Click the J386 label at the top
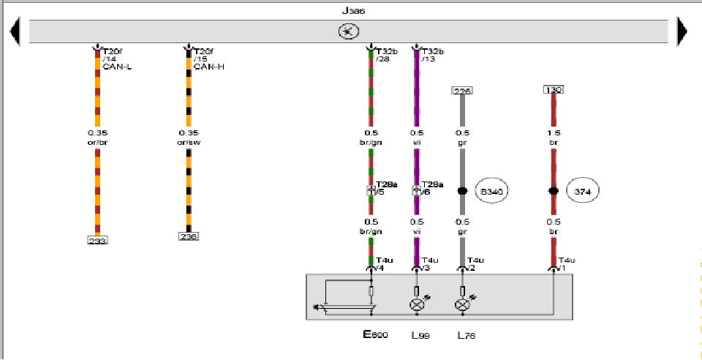(353, 11)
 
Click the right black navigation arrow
(682, 31)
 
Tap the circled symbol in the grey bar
(349, 31)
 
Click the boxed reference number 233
(97, 240)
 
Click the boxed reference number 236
(189, 236)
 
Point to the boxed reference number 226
(462, 91)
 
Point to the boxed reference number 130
(553, 90)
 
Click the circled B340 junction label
(491, 191)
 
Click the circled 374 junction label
(583, 191)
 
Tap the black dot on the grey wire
(462, 191)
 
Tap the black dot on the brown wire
(554, 191)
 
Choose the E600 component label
(375, 335)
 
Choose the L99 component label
(420, 336)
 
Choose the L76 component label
(467, 336)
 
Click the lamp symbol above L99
(417, 305)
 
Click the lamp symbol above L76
(462, 305)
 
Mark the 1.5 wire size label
(554, 133)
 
